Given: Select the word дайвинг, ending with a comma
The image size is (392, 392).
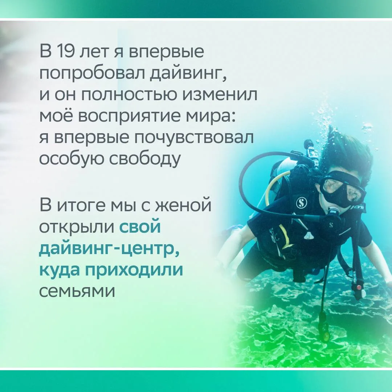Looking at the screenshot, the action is click(x=188, y=74).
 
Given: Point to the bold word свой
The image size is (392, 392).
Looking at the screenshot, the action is click(x=140, y=226).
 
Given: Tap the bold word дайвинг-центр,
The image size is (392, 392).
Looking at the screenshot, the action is click(x=109, y=248).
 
